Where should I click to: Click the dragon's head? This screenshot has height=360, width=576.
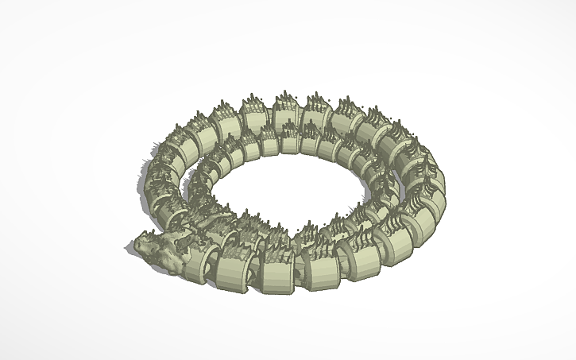tap(159, 248)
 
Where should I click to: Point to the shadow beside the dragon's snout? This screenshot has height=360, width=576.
tap(130, 249)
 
